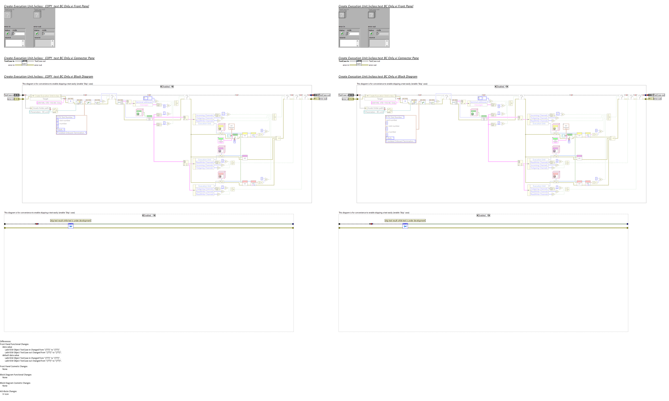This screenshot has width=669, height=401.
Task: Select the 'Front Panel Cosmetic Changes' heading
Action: click(x=14, y=366)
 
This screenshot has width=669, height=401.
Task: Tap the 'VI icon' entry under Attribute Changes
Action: click(x=5, y=394)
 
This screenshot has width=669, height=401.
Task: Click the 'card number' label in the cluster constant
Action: click(x=391, y=120)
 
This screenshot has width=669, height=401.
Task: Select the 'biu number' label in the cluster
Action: click(x=391, y=132)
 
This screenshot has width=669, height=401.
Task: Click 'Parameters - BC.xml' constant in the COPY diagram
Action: click(x=39, y=112)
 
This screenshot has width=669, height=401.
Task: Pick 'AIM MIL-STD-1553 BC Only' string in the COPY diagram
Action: click(x=49, y=103)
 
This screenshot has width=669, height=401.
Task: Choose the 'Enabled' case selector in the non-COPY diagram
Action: click(x=483, y=215)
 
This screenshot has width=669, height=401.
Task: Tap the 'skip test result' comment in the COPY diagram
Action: click(x=70, y=220)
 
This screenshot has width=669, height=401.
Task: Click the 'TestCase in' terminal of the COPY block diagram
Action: click(x=9, y=95)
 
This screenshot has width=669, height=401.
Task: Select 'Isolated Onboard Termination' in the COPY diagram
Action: click(x=71, y=133)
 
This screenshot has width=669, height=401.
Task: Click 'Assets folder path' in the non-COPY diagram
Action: click(x=375, y=108)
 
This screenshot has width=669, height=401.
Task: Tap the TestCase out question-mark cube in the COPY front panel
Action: click(x=37, y=15)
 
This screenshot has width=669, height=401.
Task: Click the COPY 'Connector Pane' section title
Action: click(x=49, y=58)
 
